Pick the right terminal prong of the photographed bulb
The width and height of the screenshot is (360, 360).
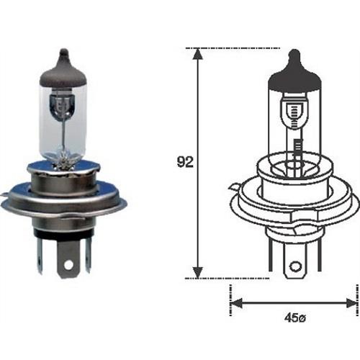coord(88,253)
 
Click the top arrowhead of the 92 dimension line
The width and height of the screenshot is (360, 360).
coord(197,54)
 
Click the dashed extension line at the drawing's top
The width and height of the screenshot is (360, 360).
coord(216,48)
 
